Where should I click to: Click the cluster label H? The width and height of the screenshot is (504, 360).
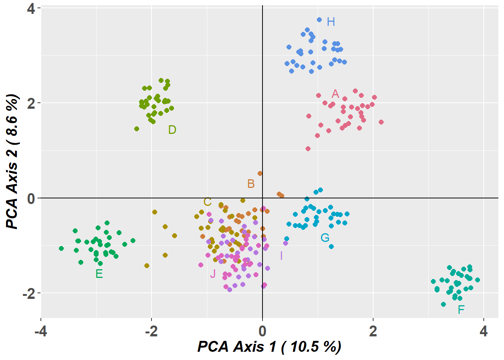[x=331, y=22]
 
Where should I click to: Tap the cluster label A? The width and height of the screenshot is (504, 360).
[x=335, y=94]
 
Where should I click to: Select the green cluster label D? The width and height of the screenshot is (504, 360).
[x=172, y=130]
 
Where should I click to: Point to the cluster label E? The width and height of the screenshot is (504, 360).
[x=99, y=274]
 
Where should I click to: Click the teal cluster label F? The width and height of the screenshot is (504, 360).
[x=461, y=309]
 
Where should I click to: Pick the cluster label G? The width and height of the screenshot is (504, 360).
[x=325, y=238]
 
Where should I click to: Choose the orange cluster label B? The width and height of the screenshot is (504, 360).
[x=251, y=184]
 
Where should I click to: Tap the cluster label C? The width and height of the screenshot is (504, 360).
[x=207, y=202]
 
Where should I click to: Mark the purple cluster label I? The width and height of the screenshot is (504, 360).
[x=281, y=256]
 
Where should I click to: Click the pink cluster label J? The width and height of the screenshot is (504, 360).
[x=213, y=274]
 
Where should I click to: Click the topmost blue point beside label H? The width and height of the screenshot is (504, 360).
[x=319, y=19]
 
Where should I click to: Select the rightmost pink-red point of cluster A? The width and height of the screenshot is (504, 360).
[x=381, y=122]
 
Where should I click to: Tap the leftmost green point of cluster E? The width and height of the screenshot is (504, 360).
[x=61, y=248]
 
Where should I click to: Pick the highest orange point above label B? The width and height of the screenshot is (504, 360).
[x=260, y=173]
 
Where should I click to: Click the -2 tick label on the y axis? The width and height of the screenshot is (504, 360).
[x=28, y=293]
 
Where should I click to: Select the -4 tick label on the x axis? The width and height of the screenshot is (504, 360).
[x=40, y=331]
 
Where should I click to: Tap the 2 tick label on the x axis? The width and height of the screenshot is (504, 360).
[x=373, y=331]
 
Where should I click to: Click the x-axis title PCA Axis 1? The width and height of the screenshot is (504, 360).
[x=269, y=346]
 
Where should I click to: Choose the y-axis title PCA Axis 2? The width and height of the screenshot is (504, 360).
[x=12, y=161]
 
